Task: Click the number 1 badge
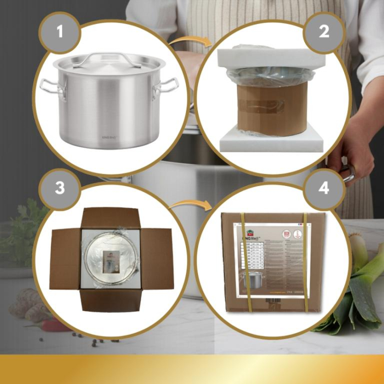point(59,31)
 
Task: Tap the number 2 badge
point(324,31)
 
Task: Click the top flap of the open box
point(111,218)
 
